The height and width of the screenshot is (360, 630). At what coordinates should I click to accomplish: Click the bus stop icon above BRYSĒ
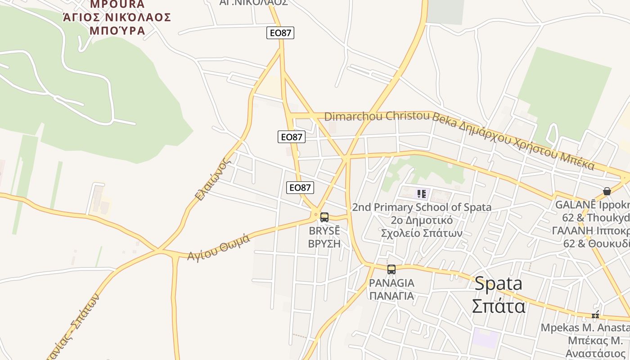(324, 217)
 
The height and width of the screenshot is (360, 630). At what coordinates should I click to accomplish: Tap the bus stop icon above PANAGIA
(391, 270)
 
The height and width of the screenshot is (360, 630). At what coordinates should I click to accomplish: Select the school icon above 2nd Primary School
(422, 194)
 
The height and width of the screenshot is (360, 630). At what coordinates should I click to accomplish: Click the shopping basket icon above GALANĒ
(607, 191)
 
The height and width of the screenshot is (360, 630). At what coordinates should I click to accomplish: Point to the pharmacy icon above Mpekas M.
(595, 315)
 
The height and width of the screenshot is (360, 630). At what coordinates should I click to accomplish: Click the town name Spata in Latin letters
(499, 284)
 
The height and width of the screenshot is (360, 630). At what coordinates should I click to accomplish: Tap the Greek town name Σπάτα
(499, 306)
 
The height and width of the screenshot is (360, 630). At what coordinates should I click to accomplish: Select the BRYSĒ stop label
(324, 231)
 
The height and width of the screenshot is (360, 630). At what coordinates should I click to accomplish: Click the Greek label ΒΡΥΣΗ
(324, 243)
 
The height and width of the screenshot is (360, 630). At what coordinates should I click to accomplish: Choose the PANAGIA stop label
(391, 283)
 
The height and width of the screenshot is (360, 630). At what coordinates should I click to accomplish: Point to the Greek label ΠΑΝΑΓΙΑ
(391, 296)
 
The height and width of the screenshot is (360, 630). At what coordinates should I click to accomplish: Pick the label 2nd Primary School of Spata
(421, 207)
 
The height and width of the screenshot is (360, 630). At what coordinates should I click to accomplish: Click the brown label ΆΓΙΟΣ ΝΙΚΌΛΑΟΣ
(117, 18)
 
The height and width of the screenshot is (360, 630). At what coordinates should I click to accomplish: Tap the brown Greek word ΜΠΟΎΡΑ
(117, 31)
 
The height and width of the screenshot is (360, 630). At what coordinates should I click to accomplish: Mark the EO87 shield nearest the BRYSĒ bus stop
(300, 188)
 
